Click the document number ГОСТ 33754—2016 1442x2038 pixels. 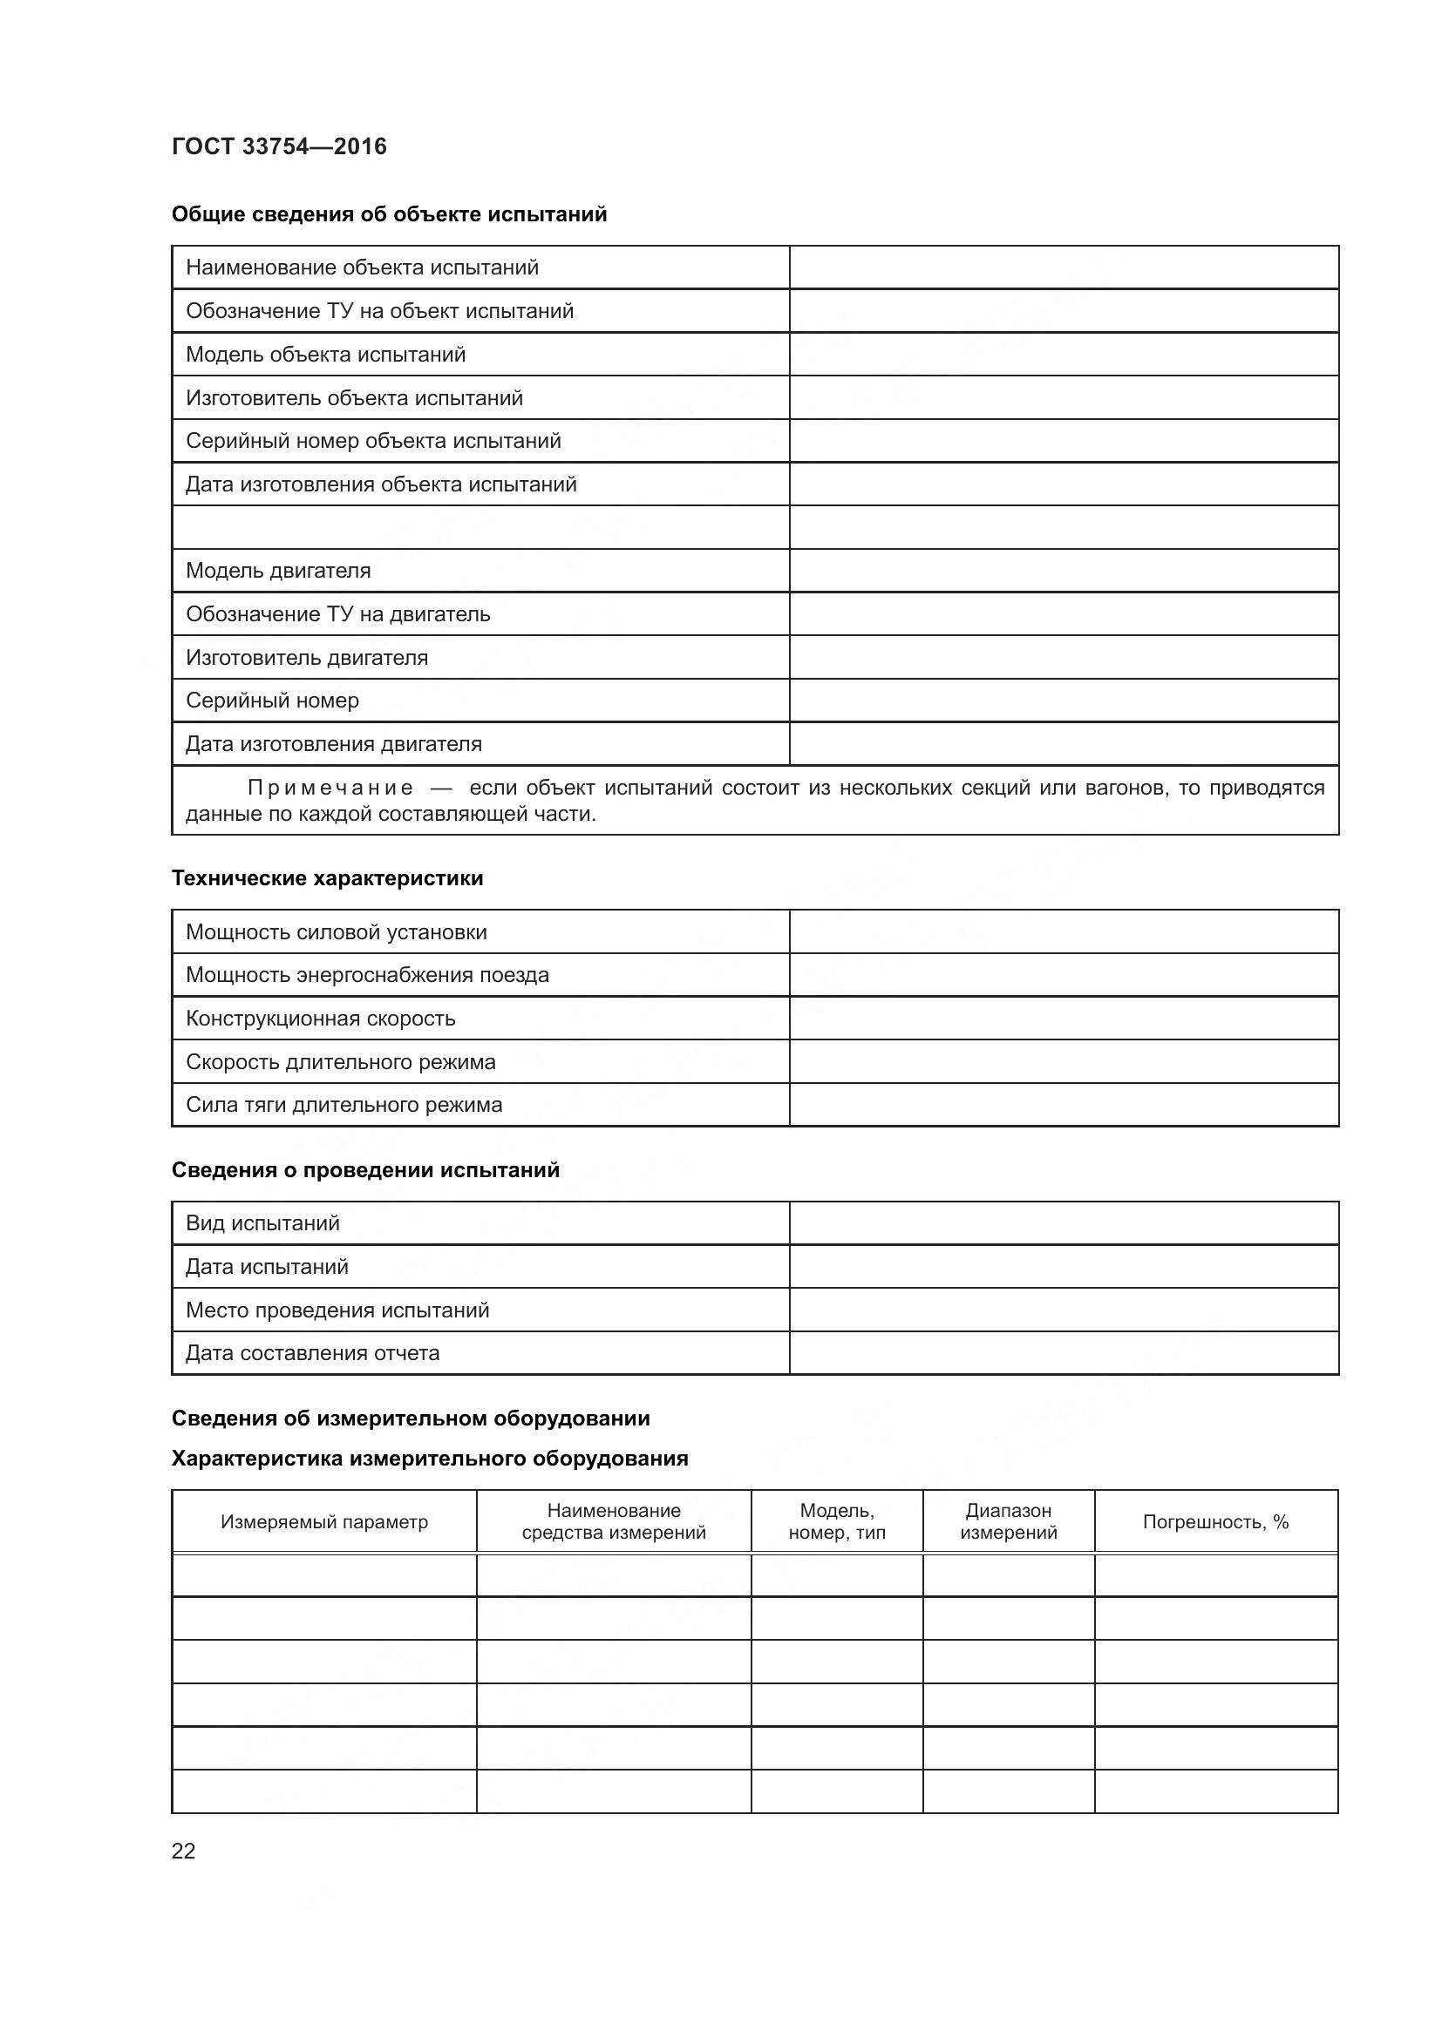279,146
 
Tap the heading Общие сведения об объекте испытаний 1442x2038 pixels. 389,214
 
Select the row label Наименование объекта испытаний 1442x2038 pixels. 362,267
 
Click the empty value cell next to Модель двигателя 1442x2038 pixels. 1063,570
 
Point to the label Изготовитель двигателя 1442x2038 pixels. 306,657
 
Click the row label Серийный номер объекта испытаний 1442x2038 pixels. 373,440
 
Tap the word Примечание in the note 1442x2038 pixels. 330,788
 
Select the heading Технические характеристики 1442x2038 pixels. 327,878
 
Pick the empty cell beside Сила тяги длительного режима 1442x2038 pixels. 1063,1104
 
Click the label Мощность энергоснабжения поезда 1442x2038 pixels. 367,975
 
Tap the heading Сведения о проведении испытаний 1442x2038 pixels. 365,1169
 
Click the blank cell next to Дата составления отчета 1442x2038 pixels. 1063,1353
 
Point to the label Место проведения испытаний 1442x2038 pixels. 337,1310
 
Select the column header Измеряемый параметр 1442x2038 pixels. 324,1521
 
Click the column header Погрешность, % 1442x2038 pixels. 1214,1521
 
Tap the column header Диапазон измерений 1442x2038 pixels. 1008,1521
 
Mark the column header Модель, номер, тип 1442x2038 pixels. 836,1521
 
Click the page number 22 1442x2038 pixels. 183,1851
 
